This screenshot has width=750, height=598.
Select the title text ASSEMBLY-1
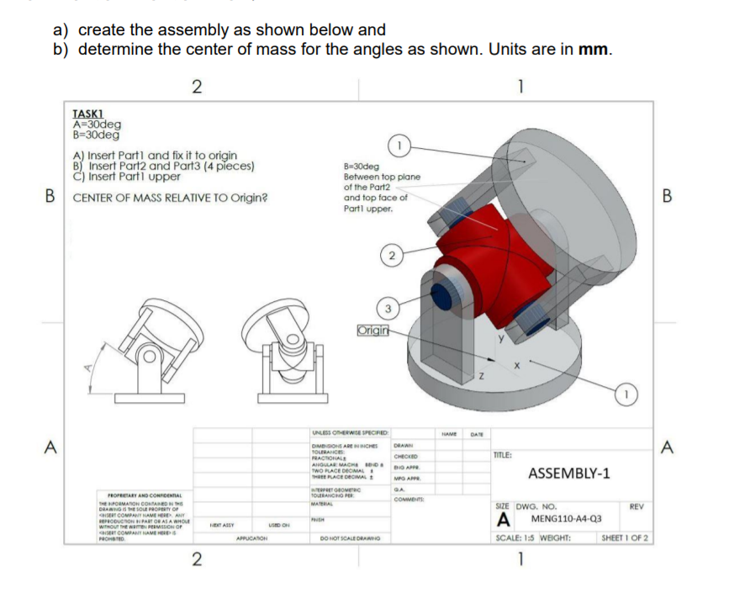[568, 474]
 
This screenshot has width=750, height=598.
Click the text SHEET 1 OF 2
[626, 538]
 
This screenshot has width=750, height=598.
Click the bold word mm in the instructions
[593, 49]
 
